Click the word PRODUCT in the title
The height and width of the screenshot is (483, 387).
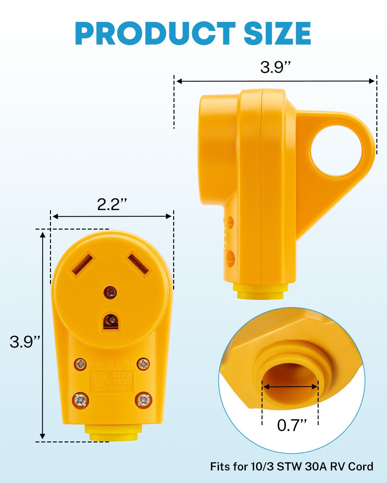(155, 33)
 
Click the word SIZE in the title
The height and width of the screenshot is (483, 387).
(277, 33)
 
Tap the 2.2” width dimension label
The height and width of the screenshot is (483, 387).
(112, 204)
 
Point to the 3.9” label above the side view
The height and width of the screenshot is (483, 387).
(275, 67)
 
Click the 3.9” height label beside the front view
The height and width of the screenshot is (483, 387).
(25, 342)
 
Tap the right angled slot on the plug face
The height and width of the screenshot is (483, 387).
(138, 264)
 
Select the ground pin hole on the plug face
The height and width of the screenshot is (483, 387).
(111, 322)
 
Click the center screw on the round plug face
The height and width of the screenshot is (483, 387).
(110, 292)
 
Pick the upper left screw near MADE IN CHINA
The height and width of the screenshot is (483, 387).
(80, 364)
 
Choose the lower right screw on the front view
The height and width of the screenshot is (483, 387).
(143, 400)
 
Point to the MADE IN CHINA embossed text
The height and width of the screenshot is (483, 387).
(112, 363)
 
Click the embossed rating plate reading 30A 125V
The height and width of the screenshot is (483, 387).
(112, 382)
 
